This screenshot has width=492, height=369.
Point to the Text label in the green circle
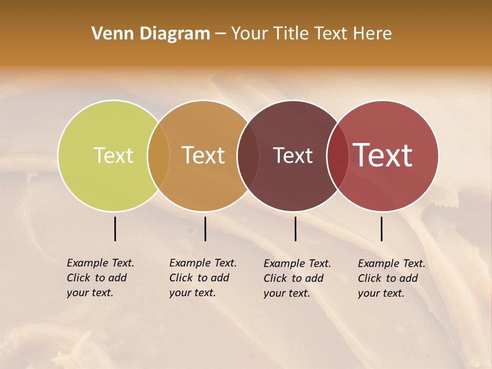[x=113, y=155]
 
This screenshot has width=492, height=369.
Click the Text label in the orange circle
[x=203, y=155]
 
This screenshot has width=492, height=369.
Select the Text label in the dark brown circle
[x=293, y=155]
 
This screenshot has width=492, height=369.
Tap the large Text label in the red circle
[x=383, y=155]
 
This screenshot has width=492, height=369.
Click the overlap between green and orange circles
[x=158, y=155]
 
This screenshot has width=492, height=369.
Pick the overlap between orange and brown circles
[x=248, y=155]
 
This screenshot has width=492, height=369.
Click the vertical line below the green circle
[x=115, y=229]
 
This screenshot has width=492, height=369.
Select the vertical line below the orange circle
[x=205, y=229]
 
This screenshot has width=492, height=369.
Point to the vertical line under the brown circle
[x=295, y=229]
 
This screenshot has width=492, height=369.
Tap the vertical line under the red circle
[x=381, y=229]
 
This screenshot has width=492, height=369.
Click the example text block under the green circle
[x=100, y=278]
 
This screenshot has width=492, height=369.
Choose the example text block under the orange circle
[x=203, y=278]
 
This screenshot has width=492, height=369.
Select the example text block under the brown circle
[x=297, y=278]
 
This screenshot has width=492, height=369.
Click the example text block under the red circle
[x=392, y=278]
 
